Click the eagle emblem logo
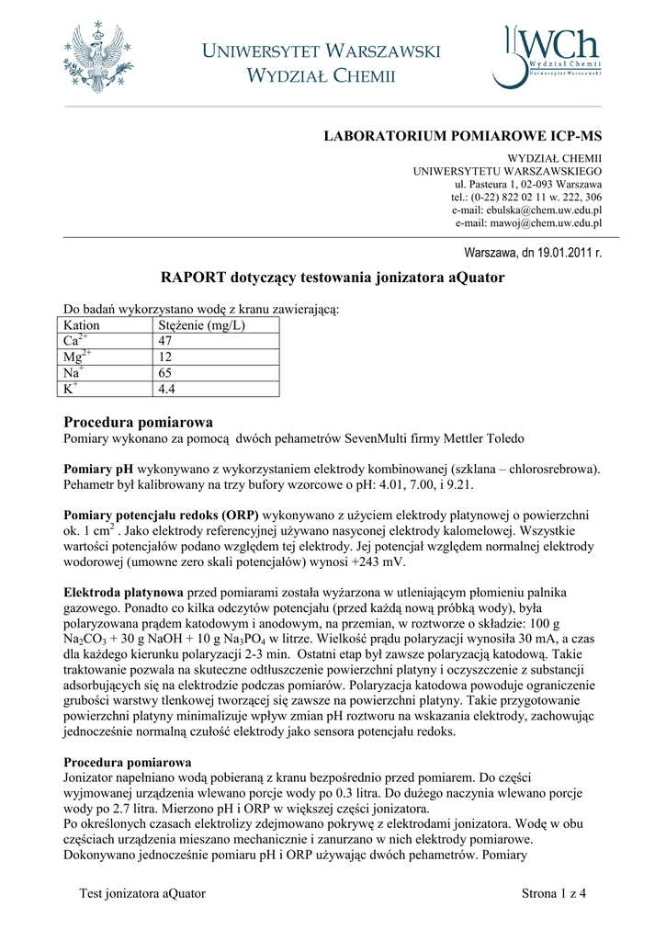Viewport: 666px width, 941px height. (99, 59)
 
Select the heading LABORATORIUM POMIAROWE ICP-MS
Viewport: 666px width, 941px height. (462, 136)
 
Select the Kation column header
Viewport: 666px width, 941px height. (82, 325)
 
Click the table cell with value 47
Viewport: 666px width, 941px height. (166, 340)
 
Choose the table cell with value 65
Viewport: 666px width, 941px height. (166, 372)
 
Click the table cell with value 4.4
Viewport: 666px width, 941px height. (167, 389)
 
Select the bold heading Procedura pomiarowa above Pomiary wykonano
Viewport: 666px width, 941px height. (138, 422)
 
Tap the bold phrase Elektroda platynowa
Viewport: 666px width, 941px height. (123, 593)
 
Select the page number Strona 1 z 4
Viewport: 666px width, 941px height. (553, 893)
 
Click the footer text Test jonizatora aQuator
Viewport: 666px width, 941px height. (142, 893)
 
